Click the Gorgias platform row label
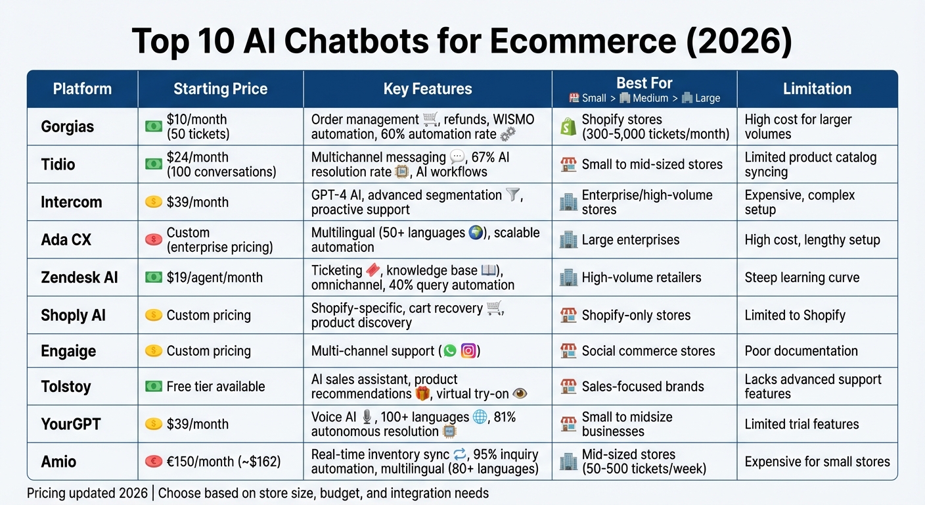tap(67, 126)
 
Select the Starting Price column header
tap(220, 89)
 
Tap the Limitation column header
tap(817, 89)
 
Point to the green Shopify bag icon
tap(568, 126)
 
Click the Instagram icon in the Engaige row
tap(468, 350)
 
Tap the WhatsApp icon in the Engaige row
tap(450, 350)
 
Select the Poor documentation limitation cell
tap(801, 350)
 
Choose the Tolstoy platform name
tap(66, 387)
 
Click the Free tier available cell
tap(215, 387)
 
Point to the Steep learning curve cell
tap(801, 277)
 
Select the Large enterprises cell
tap(630, 240)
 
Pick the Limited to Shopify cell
tap(794, 315)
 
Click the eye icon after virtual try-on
tap(520, 394)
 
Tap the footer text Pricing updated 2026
tap(89, 493)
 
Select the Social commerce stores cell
tap(648, 350)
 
